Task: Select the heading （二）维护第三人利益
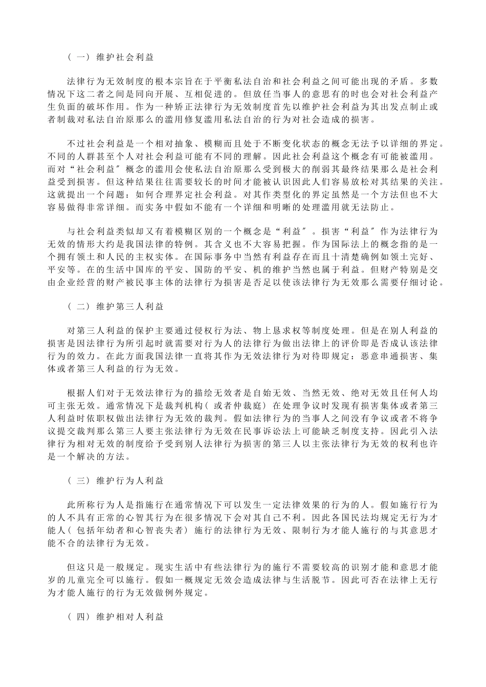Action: (x=115, y=307)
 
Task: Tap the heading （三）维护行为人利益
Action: (x=115, y=482)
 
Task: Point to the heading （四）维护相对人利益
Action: (x=115, y=617)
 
